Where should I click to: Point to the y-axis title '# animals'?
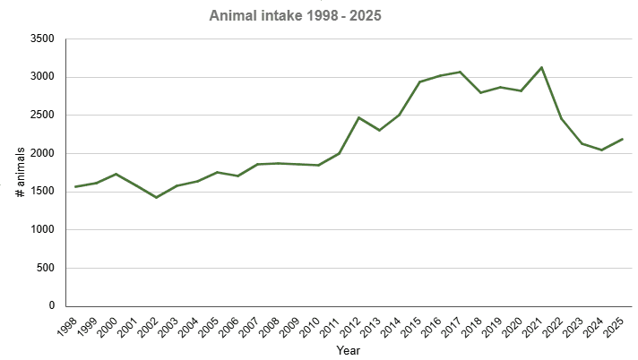(31, 173)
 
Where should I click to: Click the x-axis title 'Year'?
(349, 350)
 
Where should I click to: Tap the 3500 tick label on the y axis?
(42, 39)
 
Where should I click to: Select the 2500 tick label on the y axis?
(42, 116)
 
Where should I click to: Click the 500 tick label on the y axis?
(46, 268)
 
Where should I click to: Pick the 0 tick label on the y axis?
(51, 306)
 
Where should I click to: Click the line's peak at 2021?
(541, 67)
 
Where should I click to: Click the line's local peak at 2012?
(359, 117)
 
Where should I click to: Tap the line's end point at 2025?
(622, 139)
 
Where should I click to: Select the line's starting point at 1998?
(76, 187)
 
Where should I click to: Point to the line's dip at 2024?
(601, 150)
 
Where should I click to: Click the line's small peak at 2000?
(116, 174)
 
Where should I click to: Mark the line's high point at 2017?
(460, 72)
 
